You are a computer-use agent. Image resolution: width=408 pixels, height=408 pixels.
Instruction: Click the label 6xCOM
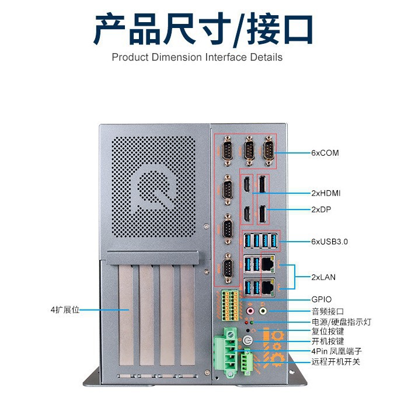pos(325,153)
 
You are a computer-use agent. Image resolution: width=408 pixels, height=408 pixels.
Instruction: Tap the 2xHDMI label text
pos(326,193)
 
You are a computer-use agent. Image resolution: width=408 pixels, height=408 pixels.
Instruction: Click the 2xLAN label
pos(324,277)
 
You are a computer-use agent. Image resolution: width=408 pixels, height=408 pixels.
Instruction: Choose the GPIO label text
pos(321,299)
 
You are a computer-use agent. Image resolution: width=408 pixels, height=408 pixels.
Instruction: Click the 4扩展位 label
pos(65,309)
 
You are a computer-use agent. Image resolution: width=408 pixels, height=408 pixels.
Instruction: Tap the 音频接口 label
pos(327,311)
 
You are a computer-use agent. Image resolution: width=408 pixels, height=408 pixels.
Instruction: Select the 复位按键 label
pos(327,331)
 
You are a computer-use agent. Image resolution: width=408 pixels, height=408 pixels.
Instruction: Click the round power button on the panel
pos(247,340)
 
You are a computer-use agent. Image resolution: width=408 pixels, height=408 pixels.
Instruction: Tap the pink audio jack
pos(251,311)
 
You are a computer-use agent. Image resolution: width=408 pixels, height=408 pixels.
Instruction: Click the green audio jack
pos(263,311)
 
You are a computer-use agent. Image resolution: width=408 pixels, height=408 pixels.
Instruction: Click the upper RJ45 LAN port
pos(269,264)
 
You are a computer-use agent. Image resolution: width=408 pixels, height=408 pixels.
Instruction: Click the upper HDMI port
pos(247,185)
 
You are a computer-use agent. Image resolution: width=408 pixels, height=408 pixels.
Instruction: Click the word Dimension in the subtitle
pos(176,57)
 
